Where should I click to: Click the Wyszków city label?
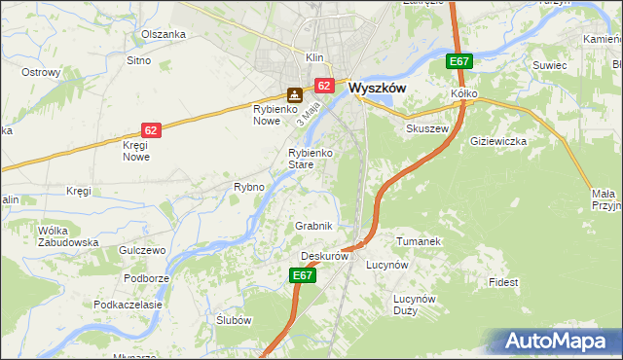(x=377, y=87)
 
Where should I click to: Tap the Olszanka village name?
(x=163, y=34)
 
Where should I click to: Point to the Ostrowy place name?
(x=41, y=73)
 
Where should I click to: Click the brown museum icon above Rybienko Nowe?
(x=294, y=95)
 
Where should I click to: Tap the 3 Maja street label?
(x=311, y=117)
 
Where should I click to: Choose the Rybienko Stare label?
(x=311, y=159)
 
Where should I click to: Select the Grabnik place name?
(x=314, y=226)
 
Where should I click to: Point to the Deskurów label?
(x=324, y=256)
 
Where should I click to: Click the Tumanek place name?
(x=420, y=240)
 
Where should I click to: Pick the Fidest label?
(x=504, y=282)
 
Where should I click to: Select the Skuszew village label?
(x=426, y=128)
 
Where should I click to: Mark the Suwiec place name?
(x=549, y=65)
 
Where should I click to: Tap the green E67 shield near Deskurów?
(x=303, y=276)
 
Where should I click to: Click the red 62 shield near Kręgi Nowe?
(x=150, y=129)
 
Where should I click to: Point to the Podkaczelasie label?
(x=128, y=305)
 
